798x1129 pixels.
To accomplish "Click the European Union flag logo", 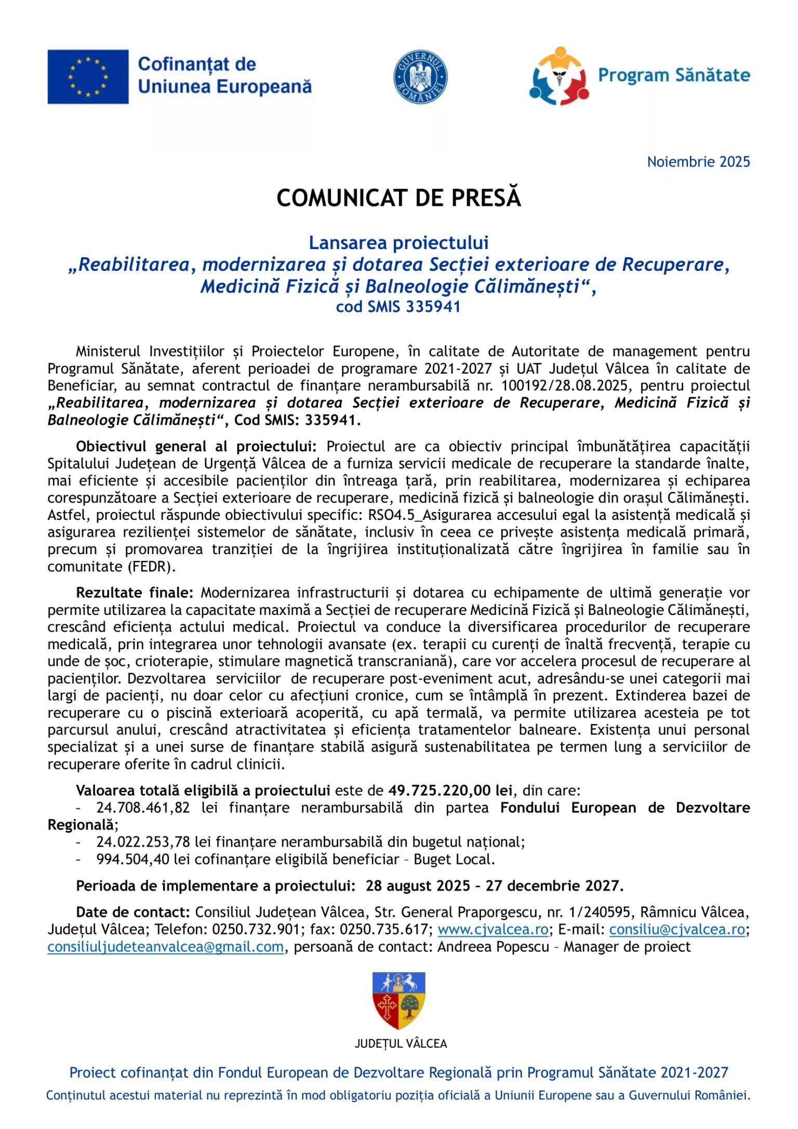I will (88, 77).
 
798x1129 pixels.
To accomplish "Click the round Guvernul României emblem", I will (420, 77).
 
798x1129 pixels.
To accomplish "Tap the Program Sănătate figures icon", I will (559, 76).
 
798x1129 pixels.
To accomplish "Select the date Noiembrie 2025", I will (698, 162).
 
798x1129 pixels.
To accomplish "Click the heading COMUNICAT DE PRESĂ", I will (398, 198).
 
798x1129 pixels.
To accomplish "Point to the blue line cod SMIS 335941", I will (398, 307).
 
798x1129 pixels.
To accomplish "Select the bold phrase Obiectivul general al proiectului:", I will (196, 447).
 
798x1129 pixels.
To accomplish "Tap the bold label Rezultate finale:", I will (135, 593).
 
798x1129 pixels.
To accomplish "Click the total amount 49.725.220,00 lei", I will (450, 791).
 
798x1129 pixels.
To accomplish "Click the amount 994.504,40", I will (133, 859).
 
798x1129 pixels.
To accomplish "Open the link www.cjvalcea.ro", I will (493, 929).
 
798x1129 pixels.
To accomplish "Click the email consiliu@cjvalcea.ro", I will (677, 929).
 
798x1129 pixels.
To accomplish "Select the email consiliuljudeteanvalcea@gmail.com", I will (166, 947).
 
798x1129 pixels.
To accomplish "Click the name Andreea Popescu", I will (493, 947).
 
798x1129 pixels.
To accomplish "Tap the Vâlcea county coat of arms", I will (399, 1001).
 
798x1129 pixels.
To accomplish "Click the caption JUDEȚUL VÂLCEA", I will (401, 1044).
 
